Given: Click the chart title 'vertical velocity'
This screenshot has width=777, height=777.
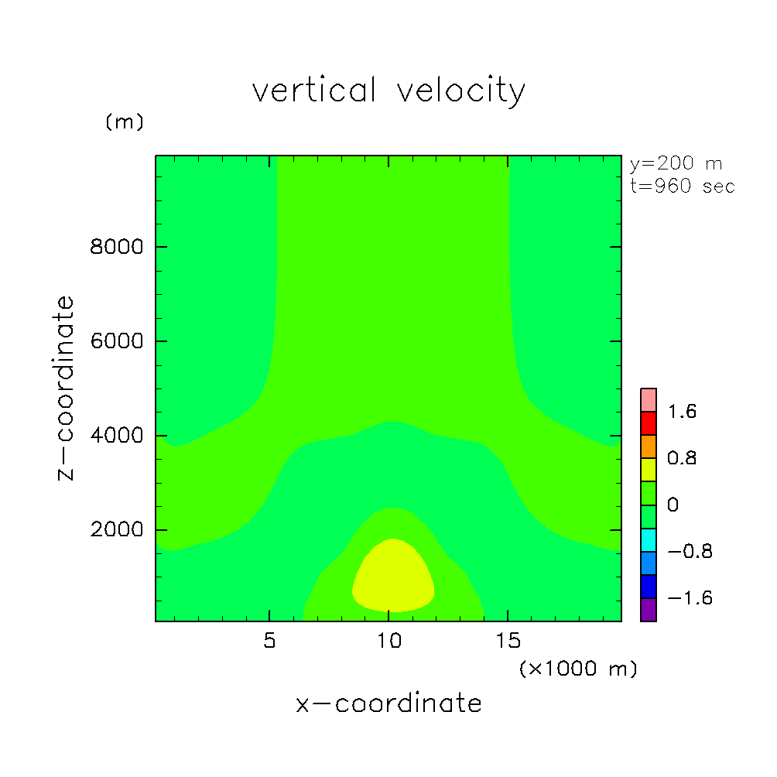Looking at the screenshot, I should tap(388, 91).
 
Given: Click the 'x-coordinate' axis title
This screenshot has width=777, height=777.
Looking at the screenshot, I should tap(388, 703).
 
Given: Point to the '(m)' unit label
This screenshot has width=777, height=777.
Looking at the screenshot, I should tap(124, 122).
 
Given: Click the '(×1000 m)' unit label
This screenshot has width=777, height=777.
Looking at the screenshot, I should tap(577, 669).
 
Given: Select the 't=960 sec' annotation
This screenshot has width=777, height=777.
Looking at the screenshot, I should tap(682, 187).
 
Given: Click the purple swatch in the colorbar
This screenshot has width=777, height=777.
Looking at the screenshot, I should tap(649, 610).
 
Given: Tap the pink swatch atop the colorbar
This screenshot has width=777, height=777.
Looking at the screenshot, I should tap(649, 399).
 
